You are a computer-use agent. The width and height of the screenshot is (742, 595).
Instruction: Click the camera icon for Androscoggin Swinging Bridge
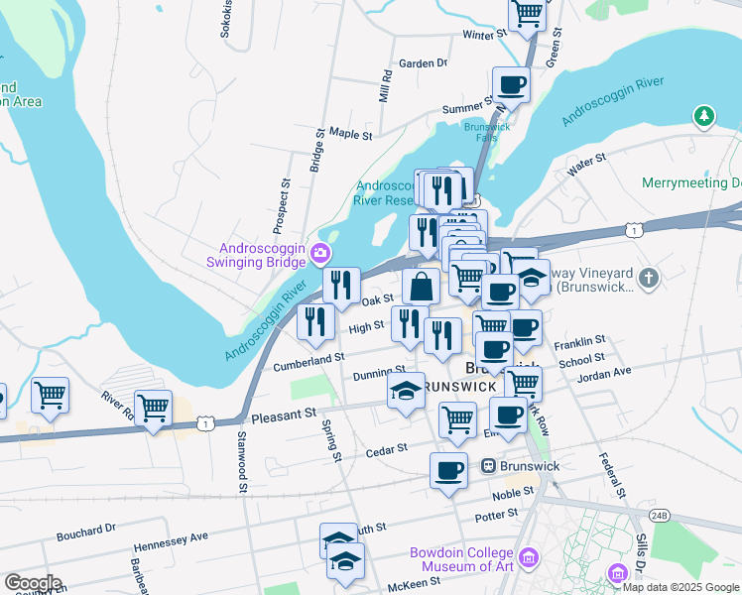pos(319,253)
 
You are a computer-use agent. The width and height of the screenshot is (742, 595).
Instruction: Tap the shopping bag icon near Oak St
pos(422,288)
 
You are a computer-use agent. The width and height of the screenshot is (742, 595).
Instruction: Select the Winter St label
pos(485,34)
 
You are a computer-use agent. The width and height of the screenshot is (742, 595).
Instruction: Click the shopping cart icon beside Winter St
pos(528,14)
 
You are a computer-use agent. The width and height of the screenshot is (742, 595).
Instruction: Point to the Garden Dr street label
pos(423,63)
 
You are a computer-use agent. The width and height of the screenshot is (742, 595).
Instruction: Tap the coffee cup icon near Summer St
pos(511,84)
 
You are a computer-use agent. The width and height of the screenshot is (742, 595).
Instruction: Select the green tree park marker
pos(704,118)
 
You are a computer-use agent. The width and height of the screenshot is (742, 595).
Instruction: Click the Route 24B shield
pos(660,515)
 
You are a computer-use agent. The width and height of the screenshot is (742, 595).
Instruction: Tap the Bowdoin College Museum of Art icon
pos(529,559)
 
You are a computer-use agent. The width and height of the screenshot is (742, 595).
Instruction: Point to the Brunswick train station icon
pos(488,466)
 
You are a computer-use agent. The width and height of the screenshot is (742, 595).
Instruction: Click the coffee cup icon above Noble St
pos(448,469)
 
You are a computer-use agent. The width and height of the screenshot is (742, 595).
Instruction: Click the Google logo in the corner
pos(32,583)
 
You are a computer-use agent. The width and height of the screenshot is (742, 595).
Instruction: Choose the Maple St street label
pos(350,133)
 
